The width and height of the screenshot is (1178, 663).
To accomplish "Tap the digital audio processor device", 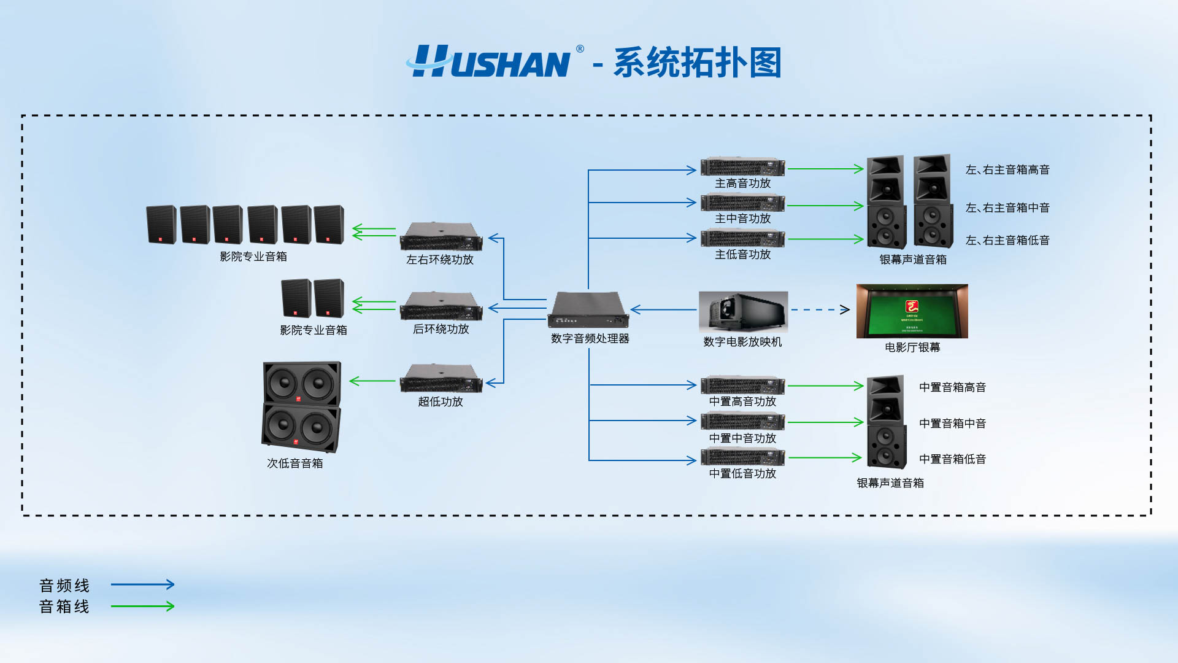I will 588,310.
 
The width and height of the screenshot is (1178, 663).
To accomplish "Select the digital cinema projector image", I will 743,312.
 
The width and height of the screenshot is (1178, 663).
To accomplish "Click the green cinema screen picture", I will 912,311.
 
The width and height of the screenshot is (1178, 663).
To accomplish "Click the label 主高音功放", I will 742,183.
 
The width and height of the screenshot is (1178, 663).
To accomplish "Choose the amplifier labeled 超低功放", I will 441,378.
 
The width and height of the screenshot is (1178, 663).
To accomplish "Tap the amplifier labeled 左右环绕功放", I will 441,237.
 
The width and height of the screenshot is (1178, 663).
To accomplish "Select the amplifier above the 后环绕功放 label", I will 441,306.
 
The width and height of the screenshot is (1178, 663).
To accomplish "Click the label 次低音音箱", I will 294,463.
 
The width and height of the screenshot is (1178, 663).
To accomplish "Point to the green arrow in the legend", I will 142,606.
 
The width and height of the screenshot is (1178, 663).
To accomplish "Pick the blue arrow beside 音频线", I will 142,584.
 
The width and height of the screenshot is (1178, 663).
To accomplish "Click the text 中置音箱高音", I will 952,387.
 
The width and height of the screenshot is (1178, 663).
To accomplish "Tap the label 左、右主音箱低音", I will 1007,240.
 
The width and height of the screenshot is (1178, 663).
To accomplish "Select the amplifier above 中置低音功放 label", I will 742,457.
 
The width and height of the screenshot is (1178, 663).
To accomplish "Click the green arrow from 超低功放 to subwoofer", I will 372,381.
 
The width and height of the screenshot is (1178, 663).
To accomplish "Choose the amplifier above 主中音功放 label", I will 742,202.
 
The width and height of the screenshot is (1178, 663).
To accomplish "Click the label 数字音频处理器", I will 590,338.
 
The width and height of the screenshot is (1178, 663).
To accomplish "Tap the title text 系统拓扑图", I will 698,63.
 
